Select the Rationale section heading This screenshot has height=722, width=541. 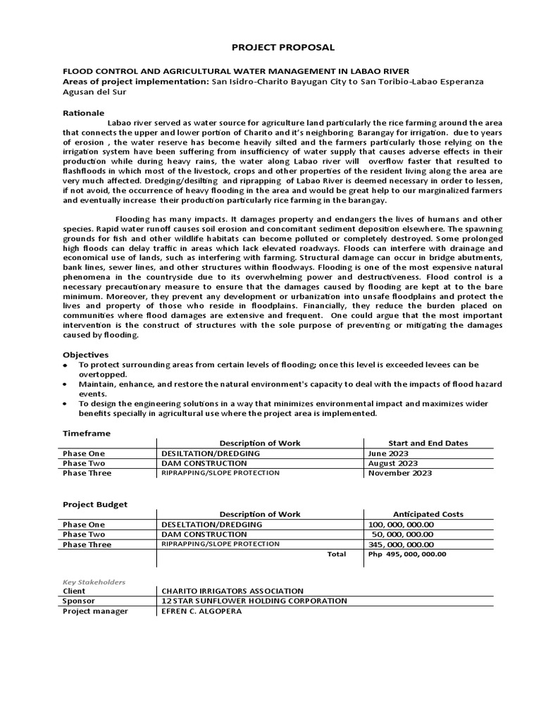(x=84, y=113)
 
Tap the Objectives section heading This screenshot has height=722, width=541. (x=86, y=355)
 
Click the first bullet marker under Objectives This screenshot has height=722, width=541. (x=66, y=365)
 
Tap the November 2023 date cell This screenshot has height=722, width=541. (x=399, y=473)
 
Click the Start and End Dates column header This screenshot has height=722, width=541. (x=428, y=443)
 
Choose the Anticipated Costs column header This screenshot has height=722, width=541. (x=428, y=514)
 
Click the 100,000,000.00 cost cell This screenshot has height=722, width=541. (x=401, y=525)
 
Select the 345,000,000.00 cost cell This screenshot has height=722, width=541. (x=401, y=544)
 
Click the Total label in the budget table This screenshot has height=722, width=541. (x=336, y=554)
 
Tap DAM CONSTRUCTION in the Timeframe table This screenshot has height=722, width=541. (x=204, y=463)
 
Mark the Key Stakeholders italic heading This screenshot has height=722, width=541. (x=94, y=582)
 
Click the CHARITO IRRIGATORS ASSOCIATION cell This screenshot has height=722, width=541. (x=232, y=591)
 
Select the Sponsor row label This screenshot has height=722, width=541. (x=79, y=601)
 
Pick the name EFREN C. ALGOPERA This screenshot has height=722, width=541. (x=201, y=611)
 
